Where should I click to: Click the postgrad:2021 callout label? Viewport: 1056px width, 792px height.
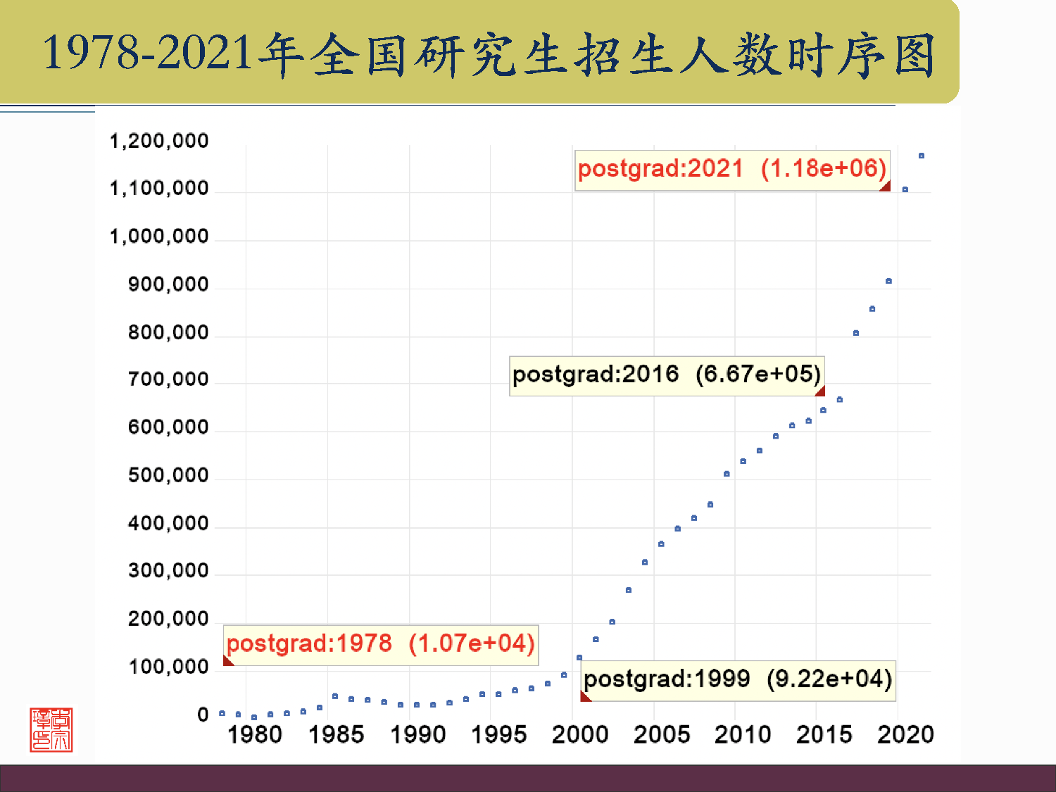coord(732,169)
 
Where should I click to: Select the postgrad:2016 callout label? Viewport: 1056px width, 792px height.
coord(666,375)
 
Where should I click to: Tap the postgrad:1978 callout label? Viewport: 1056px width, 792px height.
coord(381,644)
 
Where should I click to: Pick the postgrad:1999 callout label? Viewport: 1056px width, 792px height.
coord(738,679)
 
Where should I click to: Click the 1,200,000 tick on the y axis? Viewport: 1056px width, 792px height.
coord(159,142)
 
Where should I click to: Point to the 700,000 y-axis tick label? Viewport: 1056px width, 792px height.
coord(168,380)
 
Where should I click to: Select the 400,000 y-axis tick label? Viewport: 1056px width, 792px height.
coord(168,524)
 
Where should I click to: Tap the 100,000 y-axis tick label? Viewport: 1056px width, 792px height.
coord(168,667)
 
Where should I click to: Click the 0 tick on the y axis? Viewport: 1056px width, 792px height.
coord(203,715)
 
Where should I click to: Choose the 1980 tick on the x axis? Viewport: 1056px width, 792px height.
coord(254,735)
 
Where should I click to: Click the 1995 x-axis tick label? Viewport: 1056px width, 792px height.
coord(498,735)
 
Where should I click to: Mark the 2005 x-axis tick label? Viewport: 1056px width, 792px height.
coord(662,735)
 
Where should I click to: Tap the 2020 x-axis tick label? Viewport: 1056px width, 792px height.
coord(905,735)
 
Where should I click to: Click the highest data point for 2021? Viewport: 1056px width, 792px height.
coord(922,156)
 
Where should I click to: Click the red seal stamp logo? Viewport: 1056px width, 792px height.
coord(51,730)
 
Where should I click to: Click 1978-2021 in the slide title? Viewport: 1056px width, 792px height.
coord(148,53)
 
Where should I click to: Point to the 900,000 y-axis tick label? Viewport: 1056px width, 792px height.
coord(168,285)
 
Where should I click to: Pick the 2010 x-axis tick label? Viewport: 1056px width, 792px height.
coord(743,735)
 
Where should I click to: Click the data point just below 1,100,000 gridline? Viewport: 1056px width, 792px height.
coord(905,189)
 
